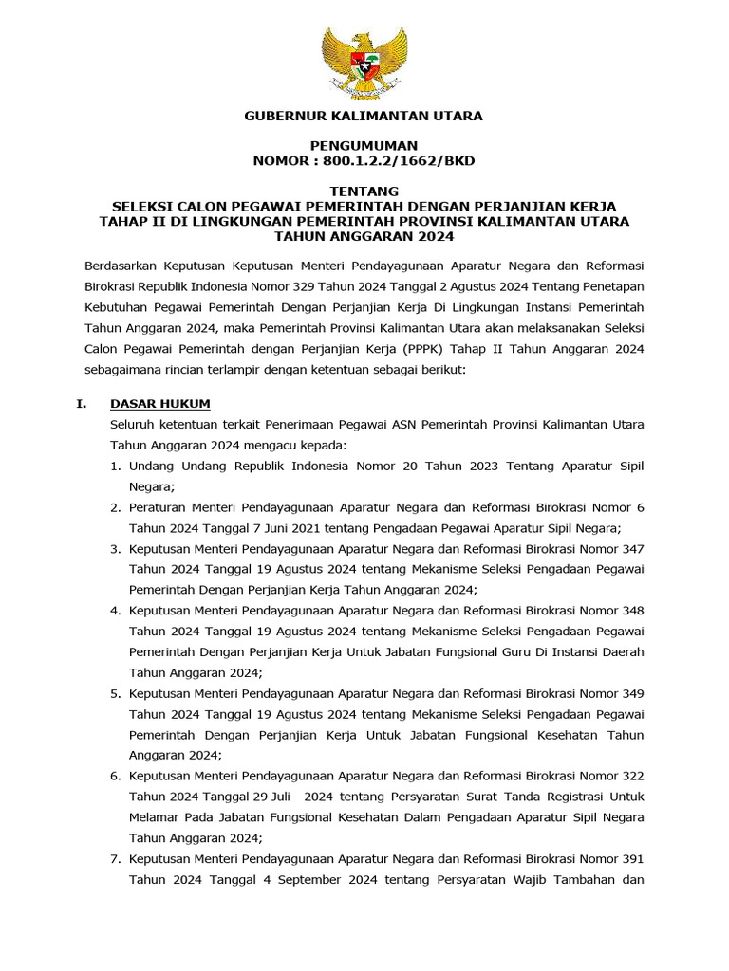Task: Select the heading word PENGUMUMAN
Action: tap(364, 146)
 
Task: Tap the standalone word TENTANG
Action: tap(364, 191)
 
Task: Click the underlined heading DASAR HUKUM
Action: tap(160, 403)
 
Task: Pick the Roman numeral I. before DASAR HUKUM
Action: tap(82, 403)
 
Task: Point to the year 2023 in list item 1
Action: tap(454, 466)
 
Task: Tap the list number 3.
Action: tap(114, 548)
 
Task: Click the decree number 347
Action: tap(632, 548)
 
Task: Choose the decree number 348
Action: tap(632, 611)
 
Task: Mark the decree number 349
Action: tap(632, 693)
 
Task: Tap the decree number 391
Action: tap(632, 858)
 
